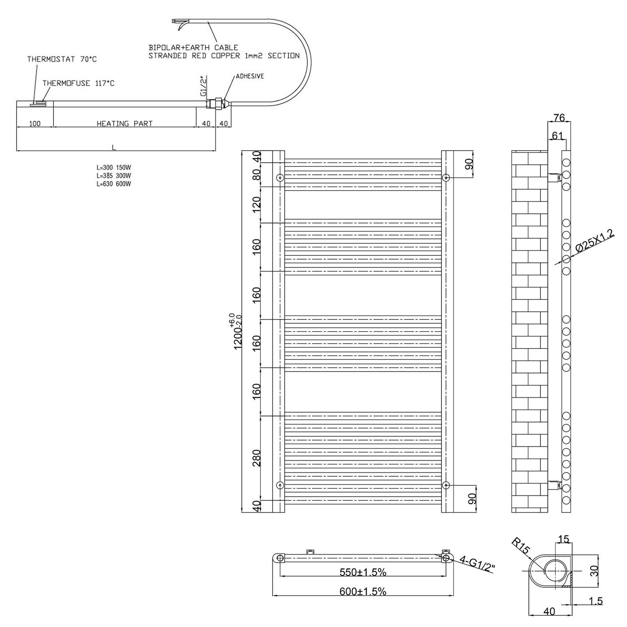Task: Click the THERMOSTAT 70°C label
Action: coord(62,59)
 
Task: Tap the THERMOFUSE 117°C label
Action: coord(78,83)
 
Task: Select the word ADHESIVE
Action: coord(250,76)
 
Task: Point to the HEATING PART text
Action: coord(125,123)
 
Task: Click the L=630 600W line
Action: coord(114,184)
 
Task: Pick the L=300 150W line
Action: coord(114,168)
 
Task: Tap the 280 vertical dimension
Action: coord(257,458)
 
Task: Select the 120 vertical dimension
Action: coord(257,204)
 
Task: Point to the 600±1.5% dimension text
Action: coord(362,591)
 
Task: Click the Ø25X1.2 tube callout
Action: coord(595,241)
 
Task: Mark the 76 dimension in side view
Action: coord(559,118)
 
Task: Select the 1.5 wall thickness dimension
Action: coord(596,601)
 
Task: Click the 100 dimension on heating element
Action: coord(35,123)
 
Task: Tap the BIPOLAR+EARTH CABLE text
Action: coord(193,48)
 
